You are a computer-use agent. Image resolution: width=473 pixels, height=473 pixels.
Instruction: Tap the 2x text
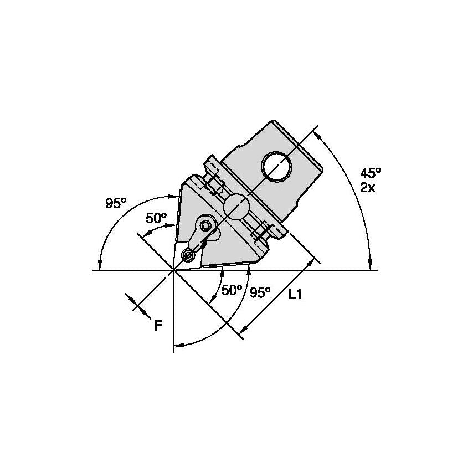click(x=368, y=188)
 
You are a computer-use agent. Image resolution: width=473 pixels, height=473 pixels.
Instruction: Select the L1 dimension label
click(x=295, y=294)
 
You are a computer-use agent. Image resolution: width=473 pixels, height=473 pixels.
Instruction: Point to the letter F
click(x=158, y=326)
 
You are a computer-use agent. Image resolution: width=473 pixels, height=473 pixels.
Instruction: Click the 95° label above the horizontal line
click(x=116, y=203)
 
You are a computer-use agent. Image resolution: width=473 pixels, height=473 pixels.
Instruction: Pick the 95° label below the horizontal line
click(x=260, y=292)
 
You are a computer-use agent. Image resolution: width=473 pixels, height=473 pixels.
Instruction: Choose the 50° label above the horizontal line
click(x=156, y=218)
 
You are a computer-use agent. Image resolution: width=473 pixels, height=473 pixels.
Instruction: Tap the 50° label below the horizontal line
click(x=232, y=290)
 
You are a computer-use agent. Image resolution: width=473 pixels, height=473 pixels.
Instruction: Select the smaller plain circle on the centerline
click(x=236, y=207)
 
